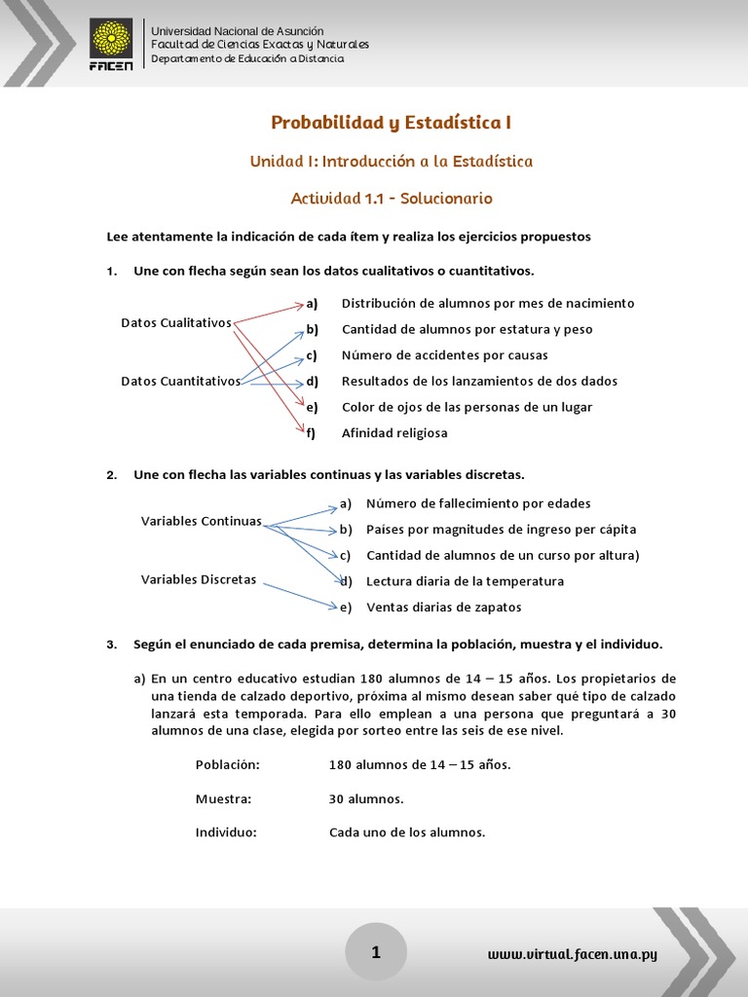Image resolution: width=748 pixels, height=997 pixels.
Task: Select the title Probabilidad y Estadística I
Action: (391, 123)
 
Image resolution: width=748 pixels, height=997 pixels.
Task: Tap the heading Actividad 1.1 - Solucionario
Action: (392, 199)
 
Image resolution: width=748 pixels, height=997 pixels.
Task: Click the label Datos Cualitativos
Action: (176, 322)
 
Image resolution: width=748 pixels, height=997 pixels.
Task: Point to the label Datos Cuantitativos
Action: (180, 381)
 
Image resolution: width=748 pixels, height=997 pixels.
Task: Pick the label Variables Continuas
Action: (202, 521)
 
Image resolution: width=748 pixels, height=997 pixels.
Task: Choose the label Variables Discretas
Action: (199, 579)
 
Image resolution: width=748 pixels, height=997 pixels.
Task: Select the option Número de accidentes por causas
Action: (444, 355)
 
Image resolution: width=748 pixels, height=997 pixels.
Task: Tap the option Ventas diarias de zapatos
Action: (443, 607)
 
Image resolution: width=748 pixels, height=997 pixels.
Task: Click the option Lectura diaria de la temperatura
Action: (465, 581)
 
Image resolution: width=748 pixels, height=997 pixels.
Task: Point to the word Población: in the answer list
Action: (228, 764)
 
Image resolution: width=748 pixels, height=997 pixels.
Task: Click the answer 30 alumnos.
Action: (366, 799)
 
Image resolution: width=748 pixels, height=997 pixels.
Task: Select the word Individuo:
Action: (226, 832)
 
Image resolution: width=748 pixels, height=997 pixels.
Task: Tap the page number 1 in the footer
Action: (376, 952)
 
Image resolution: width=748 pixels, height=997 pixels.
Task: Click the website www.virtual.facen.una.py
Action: (573, 954)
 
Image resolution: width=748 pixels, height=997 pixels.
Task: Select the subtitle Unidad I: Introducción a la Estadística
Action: (392, 161)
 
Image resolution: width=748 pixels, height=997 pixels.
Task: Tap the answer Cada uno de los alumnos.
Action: (407, 832)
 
